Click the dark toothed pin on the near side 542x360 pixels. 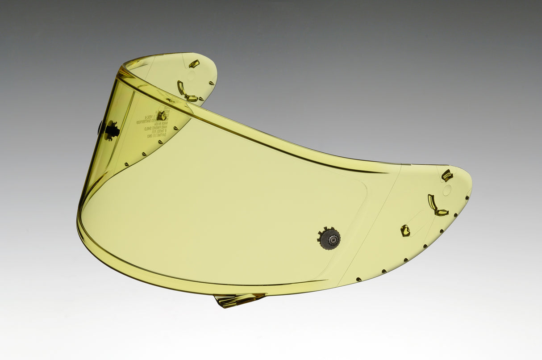click(329, 239)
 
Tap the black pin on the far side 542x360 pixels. click(112, 131)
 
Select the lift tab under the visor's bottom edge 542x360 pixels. click(239, 300)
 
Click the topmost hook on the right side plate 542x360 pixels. click(447, 175)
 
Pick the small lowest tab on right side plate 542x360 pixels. click(405, 230)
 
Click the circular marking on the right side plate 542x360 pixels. click(447, 190)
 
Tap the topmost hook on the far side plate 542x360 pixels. click(194, 64)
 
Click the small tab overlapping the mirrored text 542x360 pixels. click(162, 116)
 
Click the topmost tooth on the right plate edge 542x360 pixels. click(467, 197)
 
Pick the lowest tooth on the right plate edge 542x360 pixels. click(359, 280)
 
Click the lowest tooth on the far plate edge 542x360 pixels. click(127, 164)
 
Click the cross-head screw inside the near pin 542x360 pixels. click(331, 239)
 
